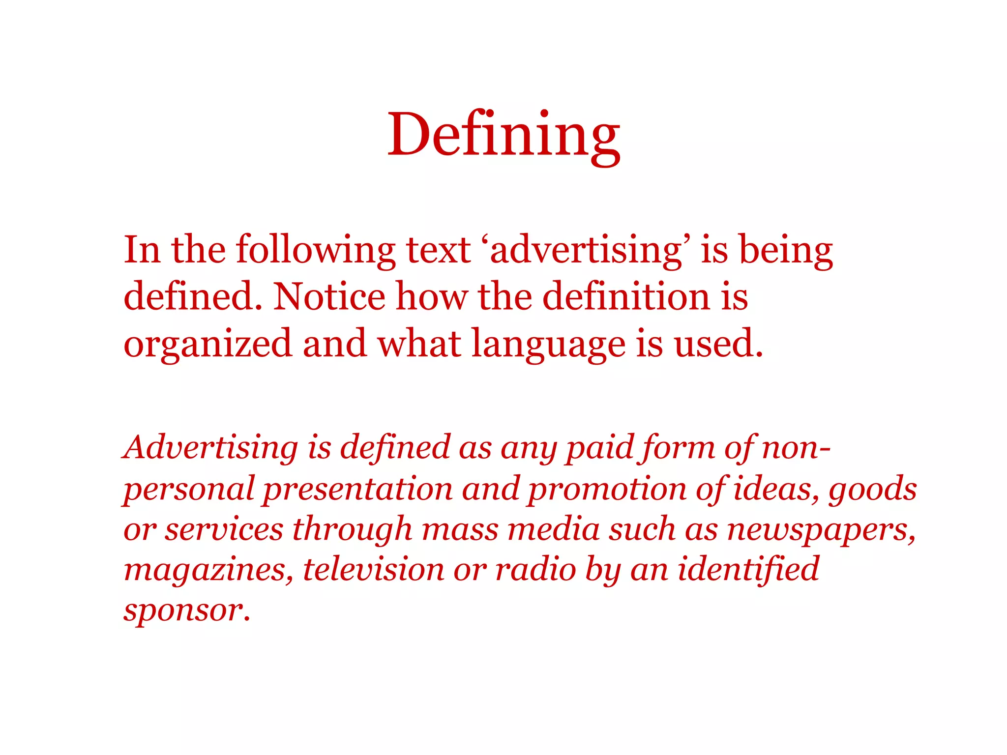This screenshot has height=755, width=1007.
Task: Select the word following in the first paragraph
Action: (x=316, y=250)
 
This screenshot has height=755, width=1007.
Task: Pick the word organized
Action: (x=207, y=344)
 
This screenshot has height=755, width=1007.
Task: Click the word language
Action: (x=548, y=344)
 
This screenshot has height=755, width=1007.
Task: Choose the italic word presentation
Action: (x=357, y=489)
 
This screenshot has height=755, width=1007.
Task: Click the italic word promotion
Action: (x=607, y=489)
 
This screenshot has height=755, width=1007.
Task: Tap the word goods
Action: (x=872, y=489)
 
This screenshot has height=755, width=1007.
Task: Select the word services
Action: (x=224, y=529)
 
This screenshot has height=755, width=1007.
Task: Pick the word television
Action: (x=373, y=570)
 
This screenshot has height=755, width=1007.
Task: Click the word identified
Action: (x=748, y=570)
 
